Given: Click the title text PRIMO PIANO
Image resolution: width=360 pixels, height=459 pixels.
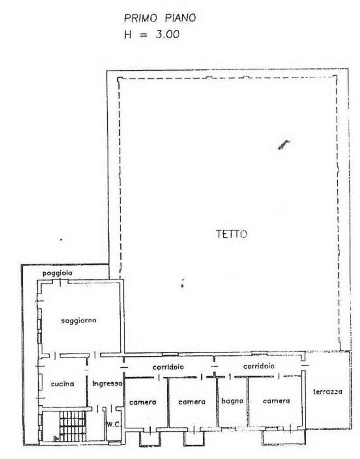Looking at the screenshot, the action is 160,18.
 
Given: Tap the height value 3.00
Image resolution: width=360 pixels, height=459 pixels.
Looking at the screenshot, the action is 167,35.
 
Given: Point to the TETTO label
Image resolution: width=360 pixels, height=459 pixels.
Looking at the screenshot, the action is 231,234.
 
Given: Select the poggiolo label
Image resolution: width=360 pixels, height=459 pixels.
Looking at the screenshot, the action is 57,273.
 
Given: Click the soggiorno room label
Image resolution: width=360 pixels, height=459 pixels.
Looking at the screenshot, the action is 79,320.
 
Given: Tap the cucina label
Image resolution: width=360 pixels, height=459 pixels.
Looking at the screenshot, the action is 62,383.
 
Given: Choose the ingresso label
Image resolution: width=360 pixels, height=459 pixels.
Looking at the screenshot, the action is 107,383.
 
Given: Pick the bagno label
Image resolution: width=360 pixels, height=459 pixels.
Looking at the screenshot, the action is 232,401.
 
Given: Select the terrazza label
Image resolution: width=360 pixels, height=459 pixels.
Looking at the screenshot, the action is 328,391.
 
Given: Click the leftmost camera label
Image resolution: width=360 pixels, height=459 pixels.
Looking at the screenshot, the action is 143,403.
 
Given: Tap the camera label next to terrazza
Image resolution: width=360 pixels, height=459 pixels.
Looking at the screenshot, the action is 277,401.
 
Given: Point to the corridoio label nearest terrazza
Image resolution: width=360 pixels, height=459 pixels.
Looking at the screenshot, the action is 259,366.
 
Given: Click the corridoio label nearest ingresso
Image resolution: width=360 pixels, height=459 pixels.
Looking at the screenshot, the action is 168,367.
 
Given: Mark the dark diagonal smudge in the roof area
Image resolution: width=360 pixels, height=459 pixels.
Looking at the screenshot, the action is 284,145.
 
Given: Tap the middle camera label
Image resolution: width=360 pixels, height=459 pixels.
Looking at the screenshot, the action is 192,402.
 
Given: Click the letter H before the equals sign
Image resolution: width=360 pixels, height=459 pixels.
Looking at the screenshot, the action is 128,35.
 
